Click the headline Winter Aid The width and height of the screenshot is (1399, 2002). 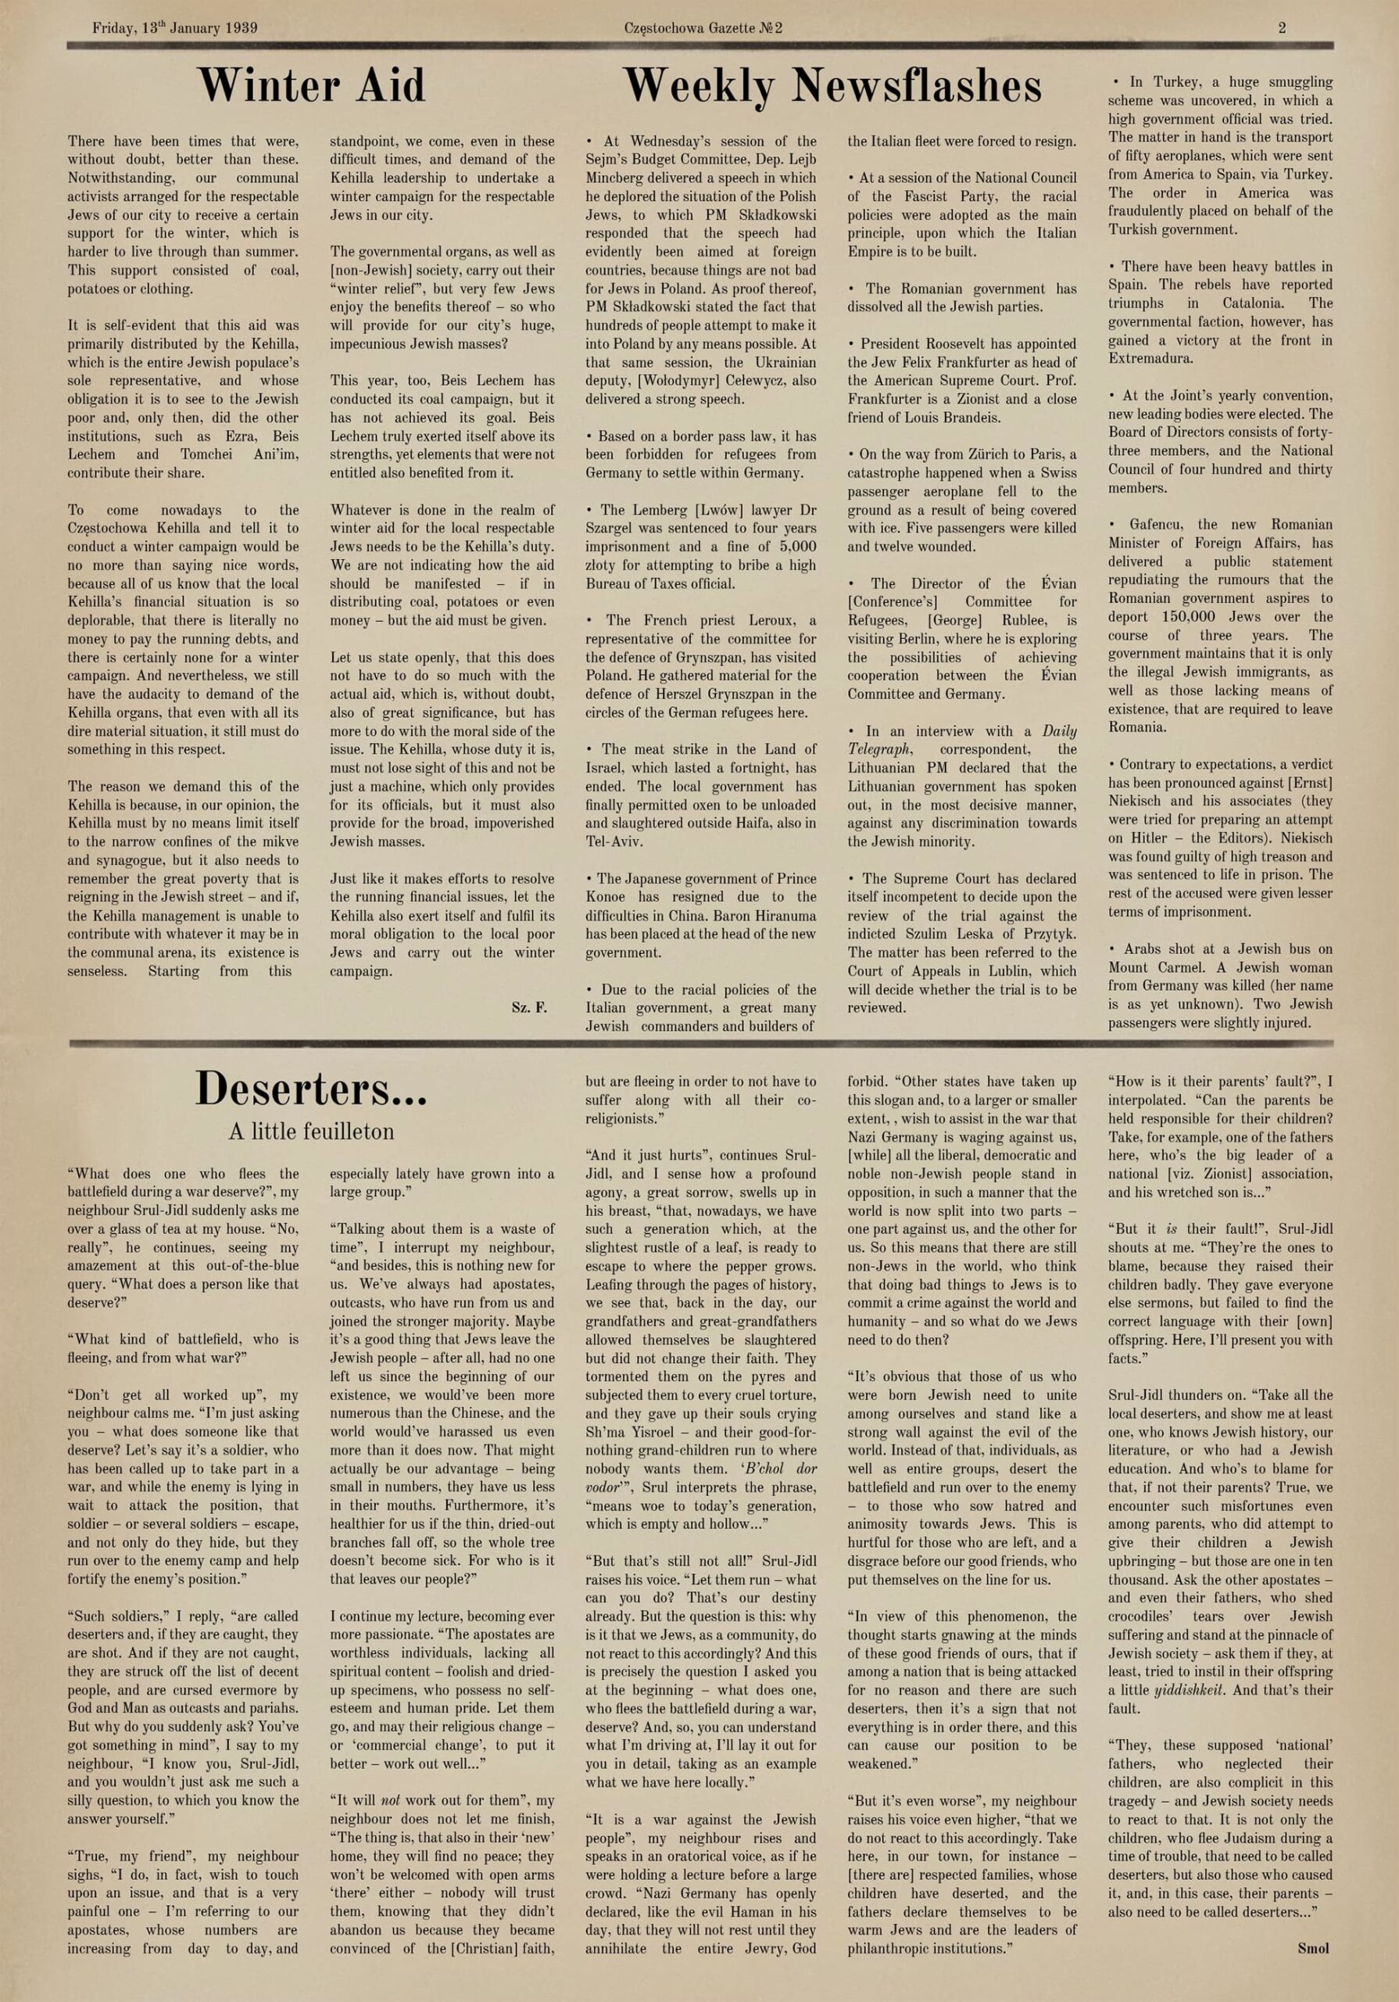coord(311,86)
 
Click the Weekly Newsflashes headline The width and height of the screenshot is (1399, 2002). coord(832,86)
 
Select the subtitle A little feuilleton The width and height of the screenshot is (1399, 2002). coord(311,1132)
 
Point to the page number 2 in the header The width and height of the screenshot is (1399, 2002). coord(1283,28)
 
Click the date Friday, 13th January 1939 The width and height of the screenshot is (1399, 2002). coord(174,28)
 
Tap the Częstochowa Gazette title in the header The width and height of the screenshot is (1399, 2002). coord(703,28)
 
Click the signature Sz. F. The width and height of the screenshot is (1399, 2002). coord(529,1008)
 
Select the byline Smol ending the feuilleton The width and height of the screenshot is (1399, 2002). coord(1313,1948)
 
